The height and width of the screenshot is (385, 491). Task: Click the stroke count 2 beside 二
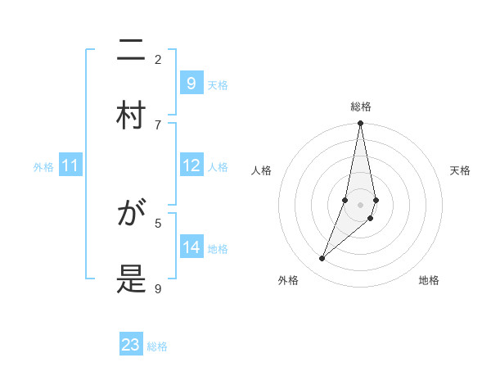click(158, 59)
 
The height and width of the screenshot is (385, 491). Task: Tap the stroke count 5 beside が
click(158, 222)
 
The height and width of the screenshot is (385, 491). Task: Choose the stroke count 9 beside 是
click(158, 288)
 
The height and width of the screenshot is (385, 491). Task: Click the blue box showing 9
click(191, 83)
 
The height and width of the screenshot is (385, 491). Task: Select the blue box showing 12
click(191, 165)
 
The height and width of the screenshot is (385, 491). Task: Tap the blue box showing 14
click(191, 247)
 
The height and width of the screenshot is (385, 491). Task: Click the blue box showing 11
click(70, 165)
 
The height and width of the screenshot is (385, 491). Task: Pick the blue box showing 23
click(131, 345)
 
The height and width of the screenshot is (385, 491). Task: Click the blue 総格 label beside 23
click(157, 346)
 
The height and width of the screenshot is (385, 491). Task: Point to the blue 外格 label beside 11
click(43, 167)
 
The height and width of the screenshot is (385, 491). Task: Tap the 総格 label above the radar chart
click(361, 106)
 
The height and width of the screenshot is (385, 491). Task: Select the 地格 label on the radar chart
click(429, 280)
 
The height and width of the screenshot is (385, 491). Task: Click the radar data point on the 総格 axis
click(361, 124)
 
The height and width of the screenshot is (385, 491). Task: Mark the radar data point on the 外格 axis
click(322, 259)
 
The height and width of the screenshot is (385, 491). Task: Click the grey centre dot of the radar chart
click(361, 205)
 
